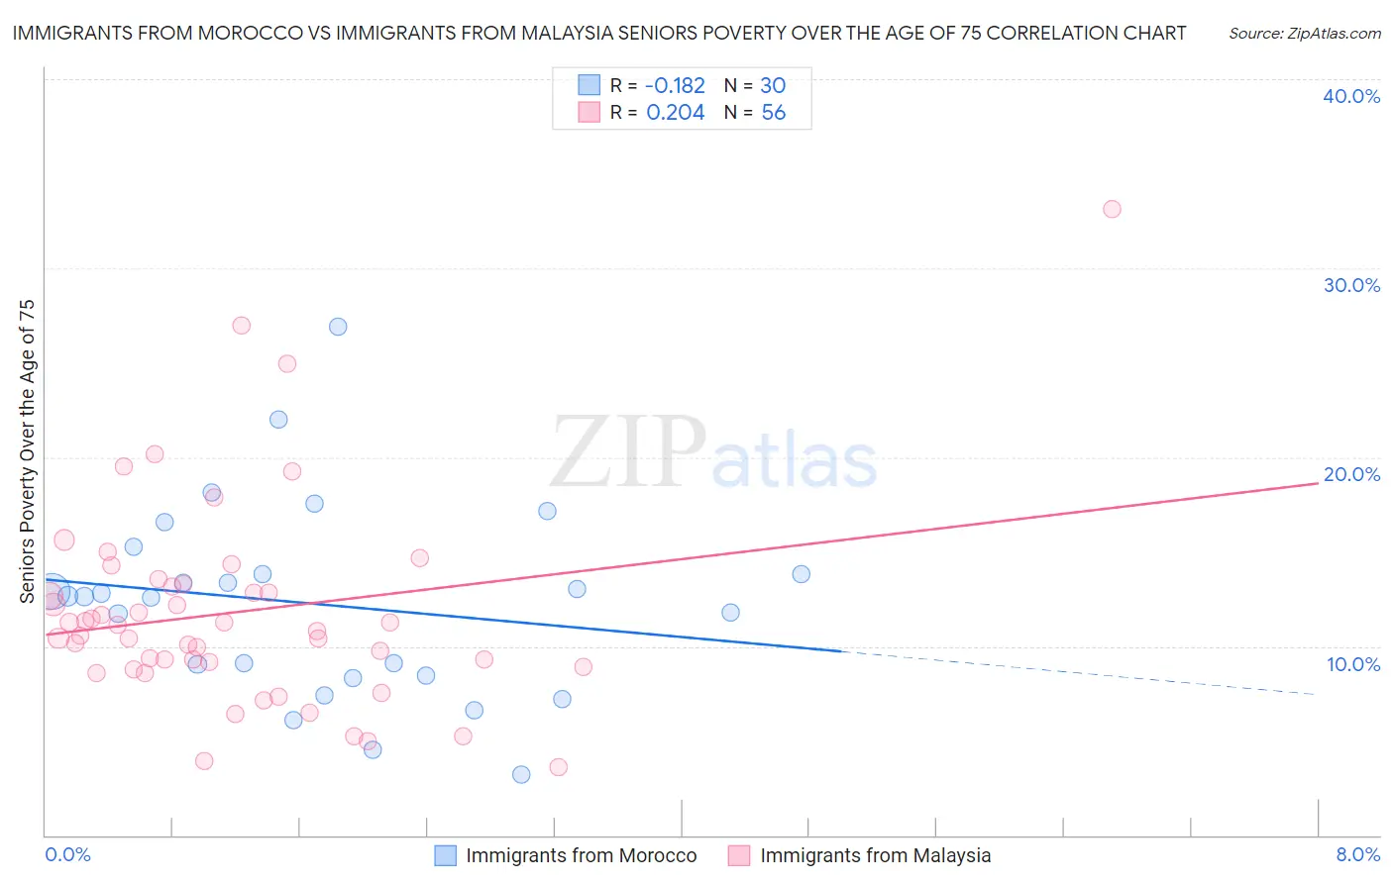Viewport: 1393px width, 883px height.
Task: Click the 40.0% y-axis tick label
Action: (1351, 96)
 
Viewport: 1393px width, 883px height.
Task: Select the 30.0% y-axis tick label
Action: (1351, 285)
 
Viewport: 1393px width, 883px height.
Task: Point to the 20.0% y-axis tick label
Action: (1351, 474)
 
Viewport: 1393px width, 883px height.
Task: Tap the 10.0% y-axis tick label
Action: (1353, 664)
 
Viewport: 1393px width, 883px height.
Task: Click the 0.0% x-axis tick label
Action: (67, 854)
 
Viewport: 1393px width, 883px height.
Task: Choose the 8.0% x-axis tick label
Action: (1358, 854)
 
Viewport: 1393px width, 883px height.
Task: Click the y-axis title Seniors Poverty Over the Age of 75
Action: (28, 450)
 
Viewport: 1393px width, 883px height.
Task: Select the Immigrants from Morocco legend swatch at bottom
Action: (446, 855)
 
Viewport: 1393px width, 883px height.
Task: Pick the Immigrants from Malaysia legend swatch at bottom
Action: (739, 855)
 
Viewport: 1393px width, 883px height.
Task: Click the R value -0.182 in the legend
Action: (675, 86)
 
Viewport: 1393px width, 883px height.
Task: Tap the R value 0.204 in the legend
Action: (675, 113)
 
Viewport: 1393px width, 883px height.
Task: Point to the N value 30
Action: (773, 86)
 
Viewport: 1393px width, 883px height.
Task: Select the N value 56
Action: (773, 113)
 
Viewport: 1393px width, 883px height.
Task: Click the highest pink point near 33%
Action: (1112, 209)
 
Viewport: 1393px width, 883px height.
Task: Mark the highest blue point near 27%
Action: (338, 327)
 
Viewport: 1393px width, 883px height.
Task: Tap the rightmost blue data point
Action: (802, 574)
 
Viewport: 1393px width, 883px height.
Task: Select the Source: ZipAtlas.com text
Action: (1304, 34)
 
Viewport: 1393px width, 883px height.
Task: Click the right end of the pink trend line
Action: (1318, 482)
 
